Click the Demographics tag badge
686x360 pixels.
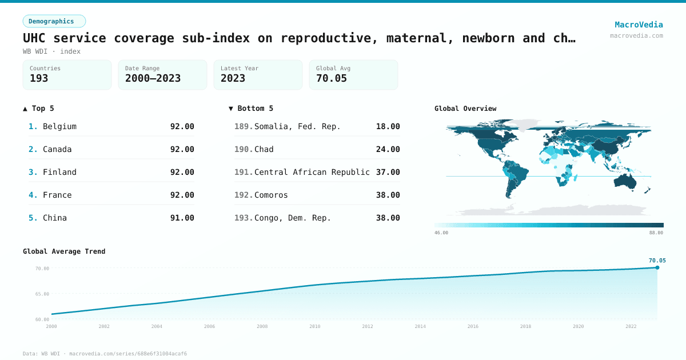[x=54, y=21]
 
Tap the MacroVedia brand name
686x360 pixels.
[x=639, y=25]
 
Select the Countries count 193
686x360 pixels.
[x=39, y=78]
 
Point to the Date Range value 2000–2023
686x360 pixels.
[x=153, y=78]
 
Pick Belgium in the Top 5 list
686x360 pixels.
[x=59, y=126]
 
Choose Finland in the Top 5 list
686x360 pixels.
[x=59, y=172]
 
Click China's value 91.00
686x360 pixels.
[x=182, y=218]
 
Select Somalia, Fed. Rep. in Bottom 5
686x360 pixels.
[x=297, y=126]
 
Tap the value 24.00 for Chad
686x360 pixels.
[x=388, y=149]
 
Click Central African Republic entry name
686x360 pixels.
[x=312, y=172]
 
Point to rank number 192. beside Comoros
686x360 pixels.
[x=244, y=195]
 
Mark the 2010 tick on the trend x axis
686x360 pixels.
[x=314, y=326]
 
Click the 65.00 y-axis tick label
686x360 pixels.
[x=42, y=294]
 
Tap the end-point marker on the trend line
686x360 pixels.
[x=657, y=267]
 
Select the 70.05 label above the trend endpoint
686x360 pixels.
[x=657, y=260]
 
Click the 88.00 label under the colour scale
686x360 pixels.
[x=656, y=233]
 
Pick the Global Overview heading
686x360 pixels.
[x=465, y=109]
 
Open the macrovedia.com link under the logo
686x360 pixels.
[x=636, y=35]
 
